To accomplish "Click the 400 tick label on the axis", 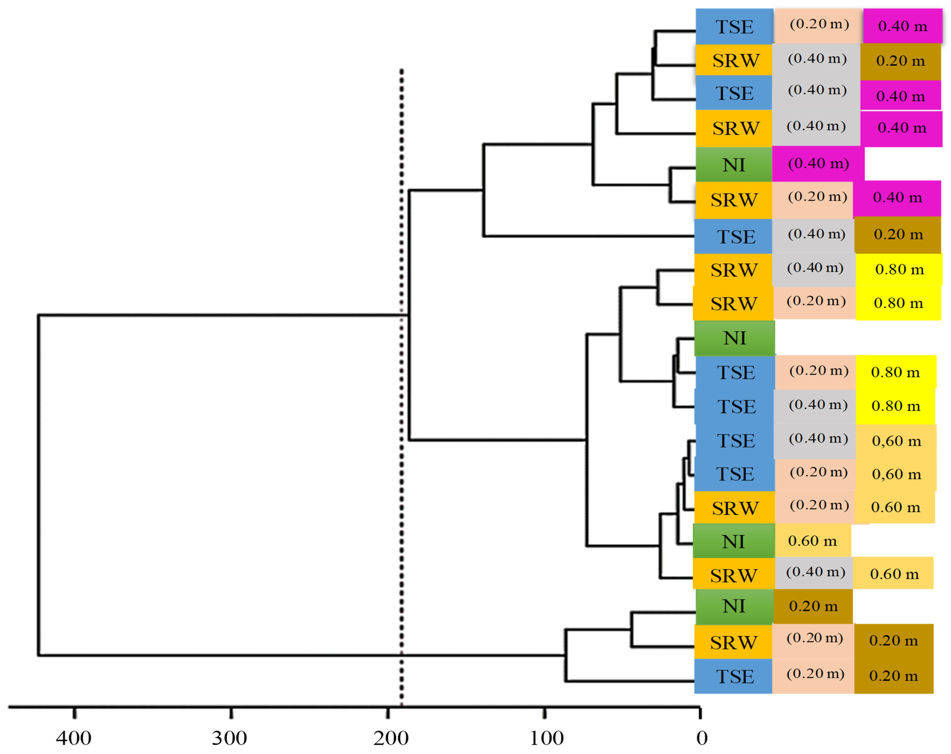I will (74, 738).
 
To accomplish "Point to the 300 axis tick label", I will (229, 738).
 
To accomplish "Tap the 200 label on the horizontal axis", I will (391, 738).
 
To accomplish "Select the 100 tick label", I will (547, 738).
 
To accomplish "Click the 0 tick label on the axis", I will (702, 738).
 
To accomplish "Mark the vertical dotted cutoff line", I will (401, 397).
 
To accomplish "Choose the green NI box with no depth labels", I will (735, 338).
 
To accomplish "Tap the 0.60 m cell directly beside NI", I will (813, 541).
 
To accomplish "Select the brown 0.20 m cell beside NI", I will (813, 606).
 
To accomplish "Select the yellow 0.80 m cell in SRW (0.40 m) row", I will (899, 269).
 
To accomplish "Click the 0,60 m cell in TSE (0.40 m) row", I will (896, 441).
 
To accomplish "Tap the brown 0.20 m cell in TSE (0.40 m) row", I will (898, 234).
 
